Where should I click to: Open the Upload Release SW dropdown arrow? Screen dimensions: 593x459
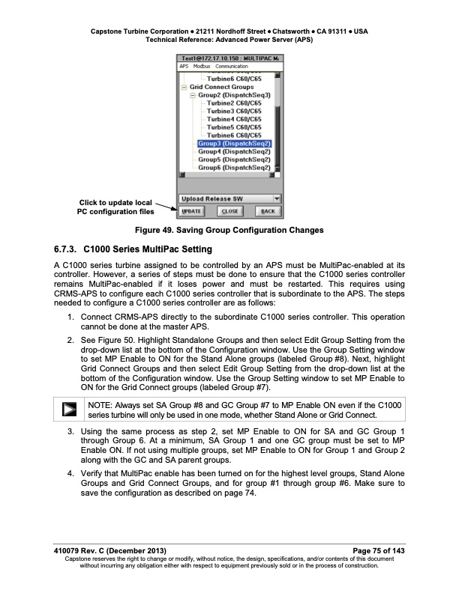(x=277, y=198)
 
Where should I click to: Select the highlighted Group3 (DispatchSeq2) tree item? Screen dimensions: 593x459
(x=234, y=143)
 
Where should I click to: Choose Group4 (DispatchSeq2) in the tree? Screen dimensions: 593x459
(x=234, y=151)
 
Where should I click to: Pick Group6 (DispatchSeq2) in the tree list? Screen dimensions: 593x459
(x=234, y=168)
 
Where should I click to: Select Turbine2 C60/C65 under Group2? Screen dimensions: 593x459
(x=234, y=103)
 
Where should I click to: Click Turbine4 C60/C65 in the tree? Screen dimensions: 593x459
(x=234, y=119)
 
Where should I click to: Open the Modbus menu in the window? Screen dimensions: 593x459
(x=202, y=67)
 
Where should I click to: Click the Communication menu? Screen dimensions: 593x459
(x=232, y=67)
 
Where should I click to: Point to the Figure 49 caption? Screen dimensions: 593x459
(x=229, y=230)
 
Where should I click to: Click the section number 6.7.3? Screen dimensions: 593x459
(x=67, y=249)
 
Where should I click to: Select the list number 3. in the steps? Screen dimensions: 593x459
(x=70, y=432)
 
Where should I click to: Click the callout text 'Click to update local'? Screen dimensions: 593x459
(x=115, y=202)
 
